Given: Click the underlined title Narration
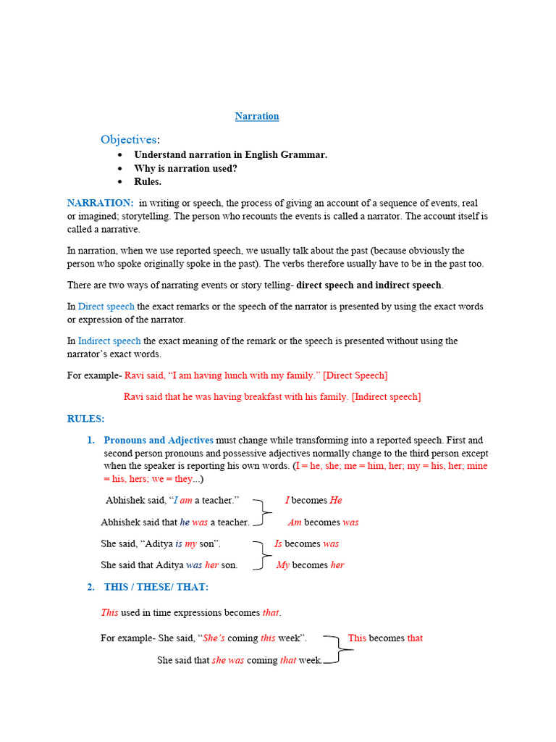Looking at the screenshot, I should (x=257, y=116).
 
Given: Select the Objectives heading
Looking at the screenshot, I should (x=129, y=139).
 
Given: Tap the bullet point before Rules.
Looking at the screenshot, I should (x=120, y=182).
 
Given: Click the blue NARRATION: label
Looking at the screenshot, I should (x=100, y=203).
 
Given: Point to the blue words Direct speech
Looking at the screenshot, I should (x=106, y=307).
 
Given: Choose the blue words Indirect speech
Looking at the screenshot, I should (x=109, y=341).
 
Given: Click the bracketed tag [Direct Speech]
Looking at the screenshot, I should (x=355, y=375).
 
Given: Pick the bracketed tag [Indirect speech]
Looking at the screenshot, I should (x=386, y=396).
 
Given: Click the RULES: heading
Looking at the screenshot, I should (x=85, y=419).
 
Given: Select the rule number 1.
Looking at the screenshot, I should (x=91, y=440).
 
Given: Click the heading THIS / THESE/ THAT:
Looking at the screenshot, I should (x=156, y=587).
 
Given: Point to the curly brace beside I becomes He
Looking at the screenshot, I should (x=263, y=511).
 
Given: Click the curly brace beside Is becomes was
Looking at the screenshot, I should (x=259, y=554).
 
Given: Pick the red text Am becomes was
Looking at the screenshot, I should (x=323, y=522).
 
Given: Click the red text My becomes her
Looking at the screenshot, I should (x=310, y=565).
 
